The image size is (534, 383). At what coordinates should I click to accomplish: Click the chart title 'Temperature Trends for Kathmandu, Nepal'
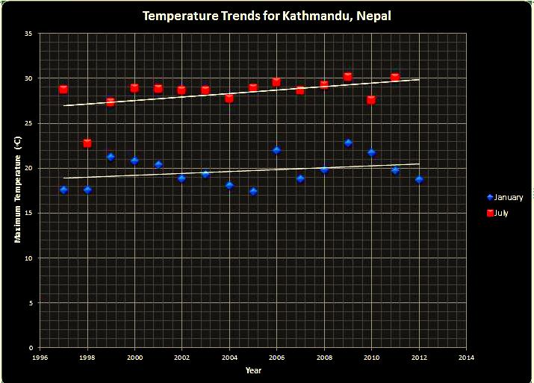pos(267,15)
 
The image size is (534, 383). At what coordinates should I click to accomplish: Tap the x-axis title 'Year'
pos(253,370)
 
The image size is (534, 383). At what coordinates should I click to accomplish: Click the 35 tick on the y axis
pos(27,34)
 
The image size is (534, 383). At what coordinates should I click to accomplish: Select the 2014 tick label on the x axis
pos(466,357)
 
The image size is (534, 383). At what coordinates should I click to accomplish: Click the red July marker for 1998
pos(87,143)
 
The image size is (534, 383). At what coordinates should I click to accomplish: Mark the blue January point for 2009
pos(348,143)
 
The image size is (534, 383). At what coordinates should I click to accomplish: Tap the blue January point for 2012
pos(419,179)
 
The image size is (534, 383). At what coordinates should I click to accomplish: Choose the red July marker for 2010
pos(371,99)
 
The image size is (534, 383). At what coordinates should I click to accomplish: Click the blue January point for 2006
pos(276,150)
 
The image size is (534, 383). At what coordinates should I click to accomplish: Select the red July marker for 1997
pos(63,90)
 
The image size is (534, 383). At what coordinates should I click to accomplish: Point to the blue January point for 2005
pos(253,191)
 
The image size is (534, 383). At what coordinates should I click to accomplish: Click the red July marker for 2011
pos(395,77)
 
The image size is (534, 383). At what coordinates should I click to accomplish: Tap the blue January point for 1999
pos(111,157)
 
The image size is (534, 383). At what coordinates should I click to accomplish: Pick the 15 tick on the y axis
pos(27,213)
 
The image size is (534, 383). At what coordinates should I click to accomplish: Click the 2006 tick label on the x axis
pos(276,357)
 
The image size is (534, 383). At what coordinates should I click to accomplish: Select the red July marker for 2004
pos(229,98)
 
